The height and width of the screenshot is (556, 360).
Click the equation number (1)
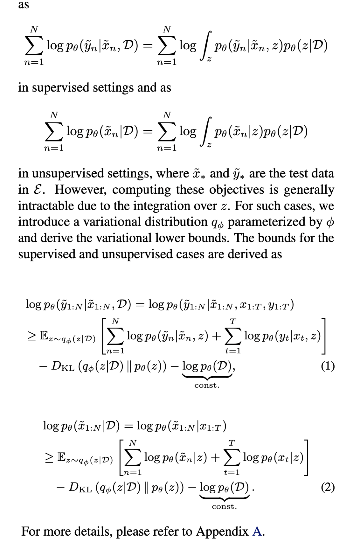pyautogui.click(x=328, y=366)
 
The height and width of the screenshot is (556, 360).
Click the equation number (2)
pyautogui.click(x=328, y=487)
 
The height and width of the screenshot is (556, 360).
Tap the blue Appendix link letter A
pyautogui.click(x=257, y=531)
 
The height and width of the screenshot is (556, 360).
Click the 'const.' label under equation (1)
pyautogui.click(x=207, y=386)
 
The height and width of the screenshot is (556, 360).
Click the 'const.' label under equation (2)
pyautogui.click(x=224, y=507)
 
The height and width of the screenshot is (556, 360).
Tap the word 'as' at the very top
pyautogui.click(x=23, y=5)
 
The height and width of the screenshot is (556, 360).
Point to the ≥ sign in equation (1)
pyautogui.click(x=31, y=335)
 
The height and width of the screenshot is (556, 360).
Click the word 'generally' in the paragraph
pyautogui.click(x=309, y=189)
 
